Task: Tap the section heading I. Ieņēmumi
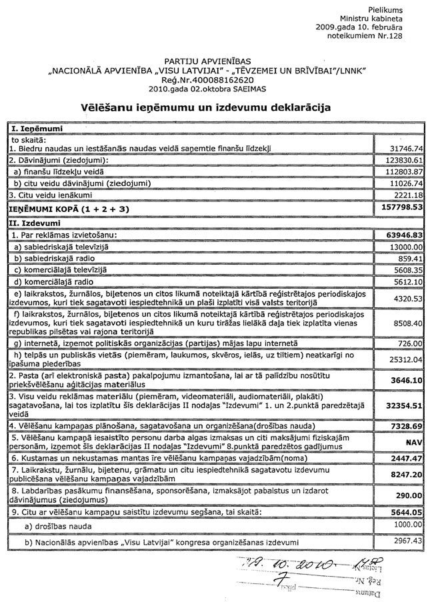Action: coord(26,127)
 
